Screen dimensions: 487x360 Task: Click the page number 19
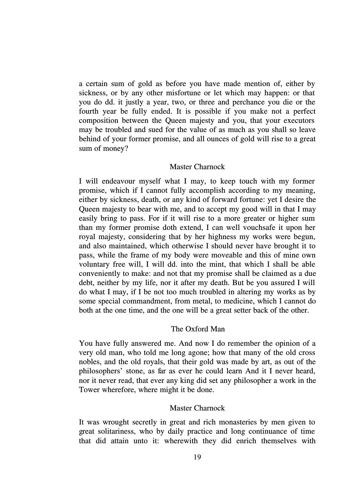197,457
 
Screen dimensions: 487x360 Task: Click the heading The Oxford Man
198,329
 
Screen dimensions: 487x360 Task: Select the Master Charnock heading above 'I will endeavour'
197,167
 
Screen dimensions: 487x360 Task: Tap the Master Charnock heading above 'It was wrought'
197,408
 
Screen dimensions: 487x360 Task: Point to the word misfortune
183,93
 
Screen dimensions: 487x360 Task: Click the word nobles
89,362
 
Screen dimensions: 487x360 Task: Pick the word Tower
89,390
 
